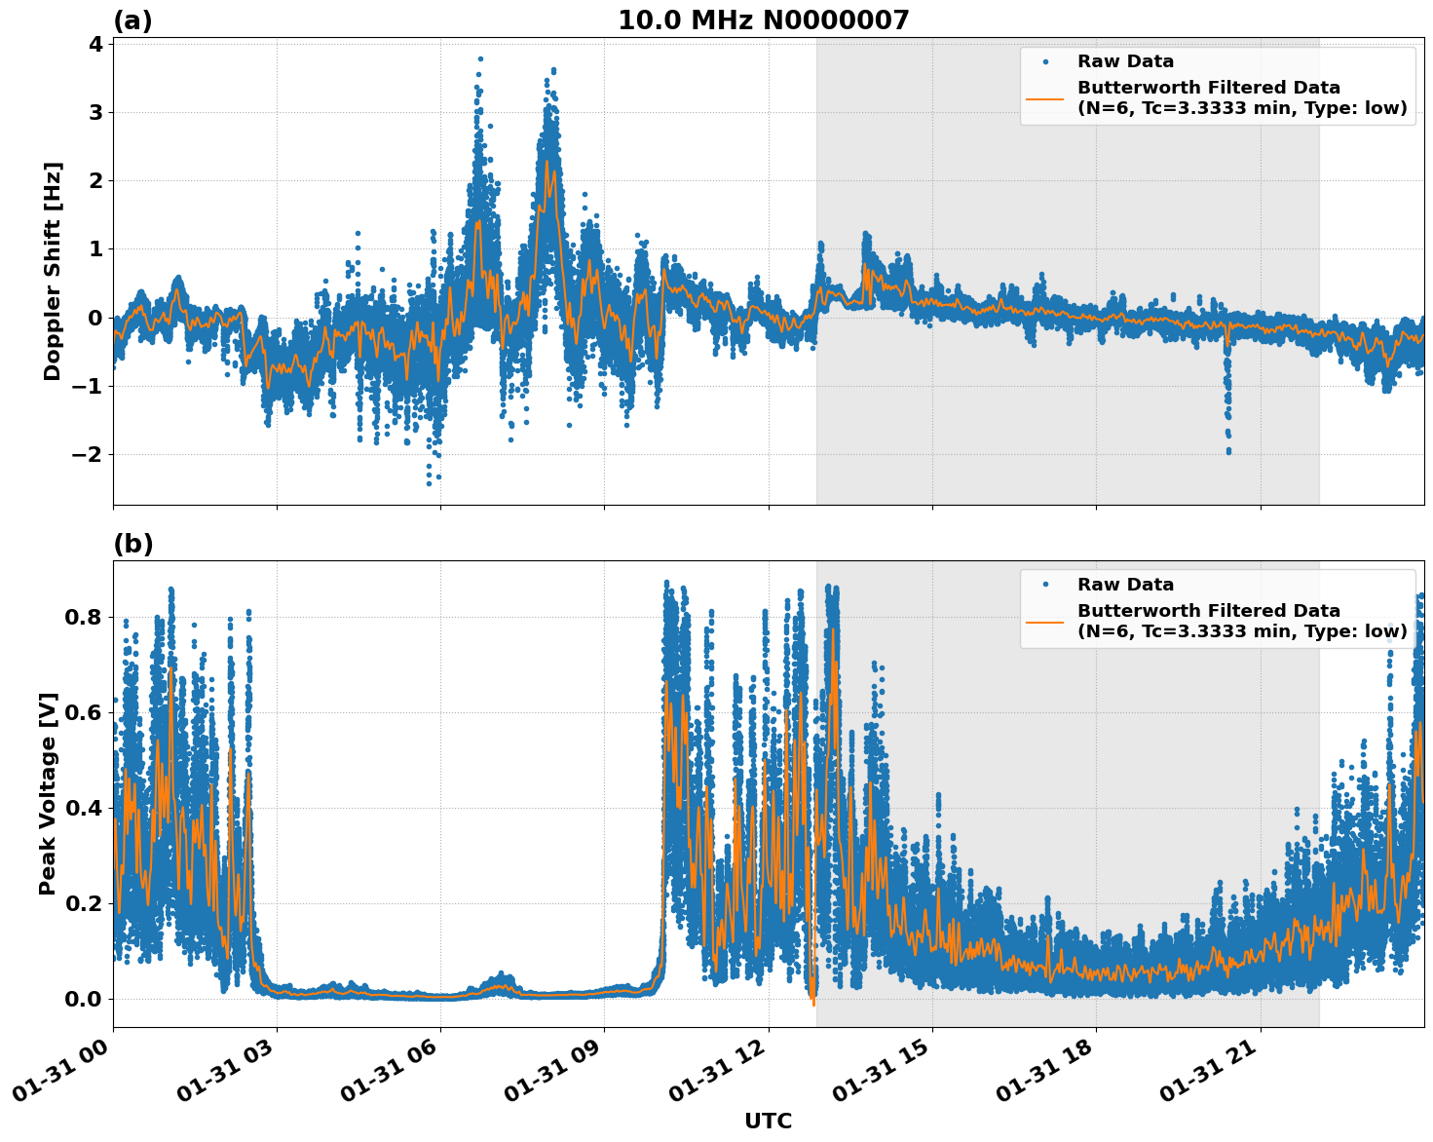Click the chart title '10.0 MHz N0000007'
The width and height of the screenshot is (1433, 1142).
[x=763, y=20]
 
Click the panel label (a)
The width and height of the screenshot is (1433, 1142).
[x=132, y=20]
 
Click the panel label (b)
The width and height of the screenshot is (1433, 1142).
[x=132, y=544]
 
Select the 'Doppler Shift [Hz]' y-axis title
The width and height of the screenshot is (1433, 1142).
[x=53, y=271]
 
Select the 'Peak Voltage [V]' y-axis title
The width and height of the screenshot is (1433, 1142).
[x=48, y=793]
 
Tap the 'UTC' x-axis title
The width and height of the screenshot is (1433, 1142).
[x=768, y=1121]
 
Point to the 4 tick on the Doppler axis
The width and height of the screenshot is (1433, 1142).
[x=95, y=44]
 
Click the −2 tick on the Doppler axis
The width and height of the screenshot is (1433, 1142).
[x=89, y=455]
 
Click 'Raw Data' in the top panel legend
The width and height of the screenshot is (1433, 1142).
[x=1125, y=61]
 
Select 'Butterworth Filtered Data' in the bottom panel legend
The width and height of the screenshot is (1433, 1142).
[x=1208, y=611]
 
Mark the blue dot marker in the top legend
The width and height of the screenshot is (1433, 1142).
[x=1045, y=61]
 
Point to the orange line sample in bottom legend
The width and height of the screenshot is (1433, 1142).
[x=1045, y=621]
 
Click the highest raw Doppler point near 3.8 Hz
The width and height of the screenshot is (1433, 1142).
[x=480, y=58]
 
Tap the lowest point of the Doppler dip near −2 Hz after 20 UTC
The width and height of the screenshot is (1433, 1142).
[x=1228, y=451]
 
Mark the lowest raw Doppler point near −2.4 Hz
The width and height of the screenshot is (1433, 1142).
[x=429, y=483]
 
